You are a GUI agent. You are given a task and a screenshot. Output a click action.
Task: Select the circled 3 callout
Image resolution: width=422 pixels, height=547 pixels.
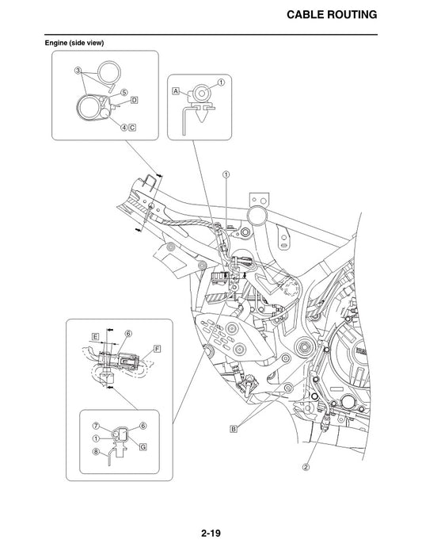tap(78, 71)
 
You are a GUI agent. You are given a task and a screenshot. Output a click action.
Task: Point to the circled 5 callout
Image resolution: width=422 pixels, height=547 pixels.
tap(124, 91)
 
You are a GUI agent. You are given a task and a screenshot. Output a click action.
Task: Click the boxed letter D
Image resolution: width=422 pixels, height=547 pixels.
tap(135, 101)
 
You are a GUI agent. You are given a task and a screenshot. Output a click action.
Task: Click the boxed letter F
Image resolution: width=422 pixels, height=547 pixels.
tap(158, 349)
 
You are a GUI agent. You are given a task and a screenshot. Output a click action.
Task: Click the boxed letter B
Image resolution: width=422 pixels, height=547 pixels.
tap(234, 429)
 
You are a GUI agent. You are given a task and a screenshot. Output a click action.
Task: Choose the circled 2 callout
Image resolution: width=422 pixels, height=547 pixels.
tap(305, 466)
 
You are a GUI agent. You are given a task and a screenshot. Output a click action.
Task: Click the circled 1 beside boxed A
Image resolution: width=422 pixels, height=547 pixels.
tap(221, 82)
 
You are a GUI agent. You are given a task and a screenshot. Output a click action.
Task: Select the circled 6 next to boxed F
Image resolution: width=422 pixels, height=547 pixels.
tap(127, 333)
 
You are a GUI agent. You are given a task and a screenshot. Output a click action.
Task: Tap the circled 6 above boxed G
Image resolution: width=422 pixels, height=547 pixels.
tap(143, 426)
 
